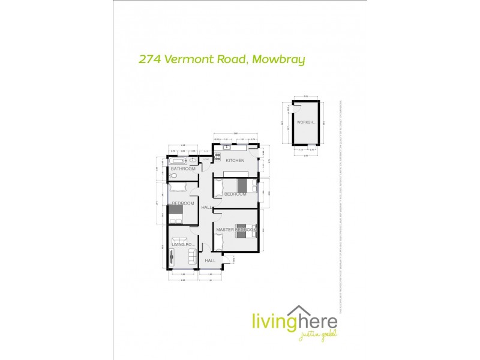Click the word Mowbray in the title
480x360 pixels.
coord(279,59)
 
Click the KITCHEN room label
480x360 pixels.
coord(235,161)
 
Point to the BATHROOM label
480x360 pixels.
coord(183,169)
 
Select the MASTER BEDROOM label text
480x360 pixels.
coord(236,230)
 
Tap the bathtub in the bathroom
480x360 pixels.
coord(179,161)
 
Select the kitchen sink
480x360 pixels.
coord(227,148)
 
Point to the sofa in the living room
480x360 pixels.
coord(192,257)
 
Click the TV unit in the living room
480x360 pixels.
coord(172,257)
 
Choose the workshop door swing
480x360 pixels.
coord(295,108)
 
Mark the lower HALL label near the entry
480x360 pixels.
coord(210,261)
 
